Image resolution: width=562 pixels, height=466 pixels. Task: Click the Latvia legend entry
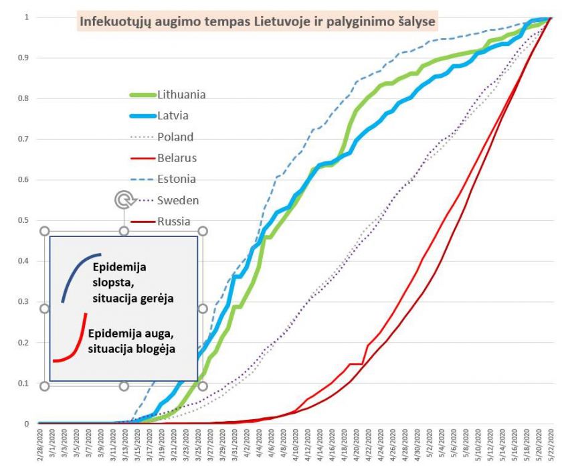pos(173,115)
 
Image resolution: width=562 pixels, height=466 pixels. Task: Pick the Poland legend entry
pos(175,137)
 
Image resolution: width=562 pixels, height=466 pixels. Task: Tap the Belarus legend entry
pos(177,158)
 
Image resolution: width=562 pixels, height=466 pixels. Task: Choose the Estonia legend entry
pos(177,179)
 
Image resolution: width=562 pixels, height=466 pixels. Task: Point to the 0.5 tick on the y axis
pos(24,221)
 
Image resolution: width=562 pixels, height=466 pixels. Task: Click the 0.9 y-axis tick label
pos(24,58)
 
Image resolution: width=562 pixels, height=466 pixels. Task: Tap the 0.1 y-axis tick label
pos(24,384)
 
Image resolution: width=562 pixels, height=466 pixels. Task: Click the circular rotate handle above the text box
pos(123,199)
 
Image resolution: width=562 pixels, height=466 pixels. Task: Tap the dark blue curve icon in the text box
pos(79,275)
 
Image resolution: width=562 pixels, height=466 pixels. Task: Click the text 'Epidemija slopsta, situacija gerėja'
pos(134,282)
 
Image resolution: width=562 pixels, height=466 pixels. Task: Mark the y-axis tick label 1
pos(27,17)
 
